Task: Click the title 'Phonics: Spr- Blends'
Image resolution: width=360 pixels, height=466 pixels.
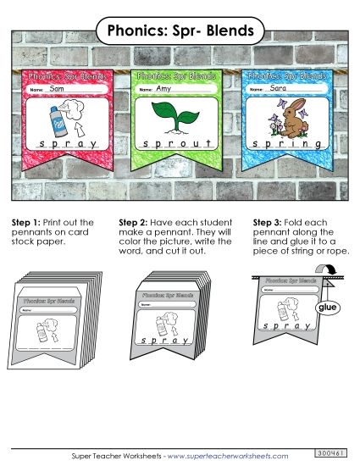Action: [x=180, y=32]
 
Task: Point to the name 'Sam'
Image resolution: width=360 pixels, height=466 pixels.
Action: [x=58, y=89]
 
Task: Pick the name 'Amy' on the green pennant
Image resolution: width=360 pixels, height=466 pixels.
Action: [x=164, y=89]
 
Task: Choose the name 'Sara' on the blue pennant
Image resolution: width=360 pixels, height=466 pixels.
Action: [x=277, y=87]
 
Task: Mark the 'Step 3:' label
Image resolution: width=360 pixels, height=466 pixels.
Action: [x=269, y=222]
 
